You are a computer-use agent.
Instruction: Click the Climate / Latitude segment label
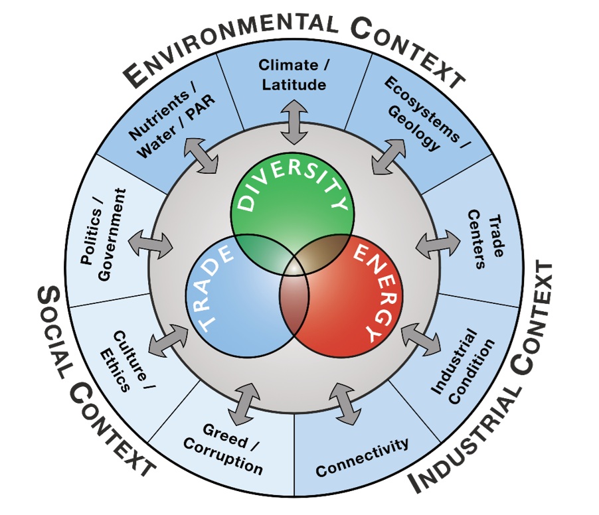pos(293,75)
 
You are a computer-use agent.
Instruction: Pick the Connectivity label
pos(363,457)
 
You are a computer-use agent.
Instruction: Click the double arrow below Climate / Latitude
pos(293,123)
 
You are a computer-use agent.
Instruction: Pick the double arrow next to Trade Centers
pos(438,244)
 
